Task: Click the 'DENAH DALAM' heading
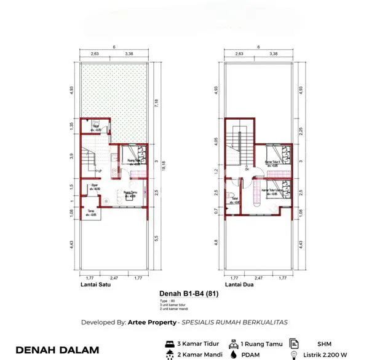tap(57, 350)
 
